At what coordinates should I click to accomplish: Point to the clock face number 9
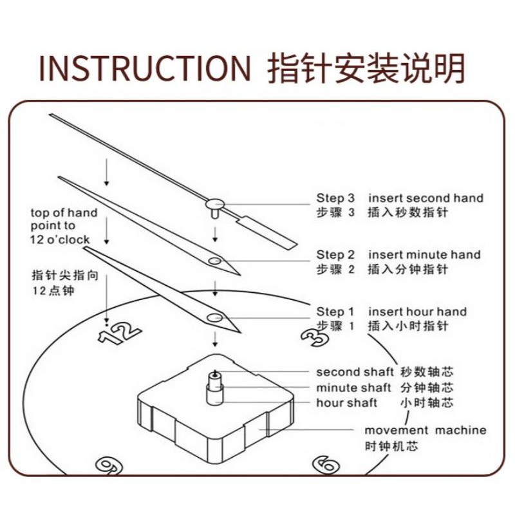(109, 465)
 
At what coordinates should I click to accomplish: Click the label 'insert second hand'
(426, 198)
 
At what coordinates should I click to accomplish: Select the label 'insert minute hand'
(424, 255)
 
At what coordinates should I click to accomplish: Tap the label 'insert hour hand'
(417, 312)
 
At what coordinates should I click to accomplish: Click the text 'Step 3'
(335, 198)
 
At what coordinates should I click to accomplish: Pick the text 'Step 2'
(335, 255)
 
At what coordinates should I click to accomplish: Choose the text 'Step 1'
(335, 312)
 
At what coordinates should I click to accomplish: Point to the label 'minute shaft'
(353, 388)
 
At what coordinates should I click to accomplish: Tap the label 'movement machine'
(426, 430)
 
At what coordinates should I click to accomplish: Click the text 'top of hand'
(64, 213)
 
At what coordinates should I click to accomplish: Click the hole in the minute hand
(215, 261)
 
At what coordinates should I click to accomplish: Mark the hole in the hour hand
(215, 317)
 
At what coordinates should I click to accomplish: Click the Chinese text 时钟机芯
(391, 445)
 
